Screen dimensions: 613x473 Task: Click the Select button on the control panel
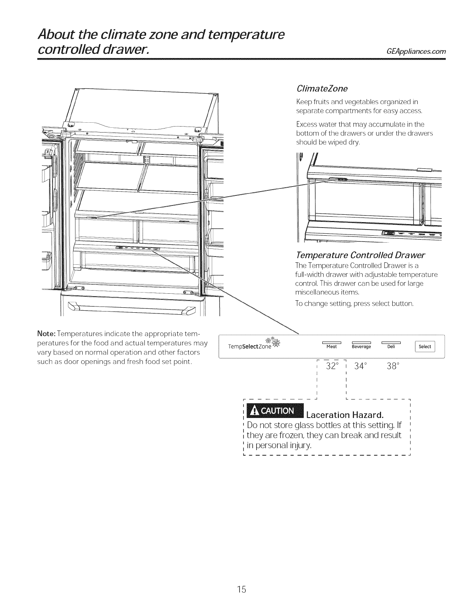click(424, 346)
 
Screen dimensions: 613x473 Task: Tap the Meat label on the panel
click(332, 347)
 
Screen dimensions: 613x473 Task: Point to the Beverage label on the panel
click(361, 347)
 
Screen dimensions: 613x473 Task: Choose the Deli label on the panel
click(391, 347)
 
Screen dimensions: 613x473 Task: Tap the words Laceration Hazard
click(345, 415)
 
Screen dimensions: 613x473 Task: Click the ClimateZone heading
click(322, 89)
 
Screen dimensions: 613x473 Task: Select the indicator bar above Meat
click(332, 342)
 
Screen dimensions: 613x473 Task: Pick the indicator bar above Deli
click(391, 342)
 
